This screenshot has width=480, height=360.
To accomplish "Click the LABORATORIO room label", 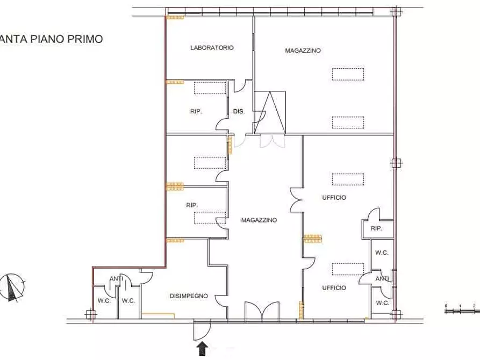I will [212, 48].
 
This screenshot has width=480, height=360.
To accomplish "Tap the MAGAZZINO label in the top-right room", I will [303, 51].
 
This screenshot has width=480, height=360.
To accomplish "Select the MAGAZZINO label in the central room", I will [259, 220].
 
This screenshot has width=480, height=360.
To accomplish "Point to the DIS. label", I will [239, 112].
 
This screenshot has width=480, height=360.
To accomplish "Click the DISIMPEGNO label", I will [189, 296].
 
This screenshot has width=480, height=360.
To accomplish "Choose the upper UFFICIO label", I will [334, 198].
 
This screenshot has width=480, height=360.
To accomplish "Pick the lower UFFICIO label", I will [334, 288].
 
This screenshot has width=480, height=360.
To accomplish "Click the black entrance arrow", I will [203, 349].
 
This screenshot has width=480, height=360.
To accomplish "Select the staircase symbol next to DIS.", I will [271, 112].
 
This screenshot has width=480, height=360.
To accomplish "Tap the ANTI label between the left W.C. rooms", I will [117, 278].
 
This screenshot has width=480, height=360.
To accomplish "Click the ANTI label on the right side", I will [383, 279].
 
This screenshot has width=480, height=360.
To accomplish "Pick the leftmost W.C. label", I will [104, 301].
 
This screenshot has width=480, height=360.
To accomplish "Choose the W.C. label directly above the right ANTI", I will [382, 253].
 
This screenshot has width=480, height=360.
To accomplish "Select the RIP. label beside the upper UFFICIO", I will [376, 229].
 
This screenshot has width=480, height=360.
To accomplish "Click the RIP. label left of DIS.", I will [196, 112].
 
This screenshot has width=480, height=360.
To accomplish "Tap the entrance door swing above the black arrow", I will [202, 329].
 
